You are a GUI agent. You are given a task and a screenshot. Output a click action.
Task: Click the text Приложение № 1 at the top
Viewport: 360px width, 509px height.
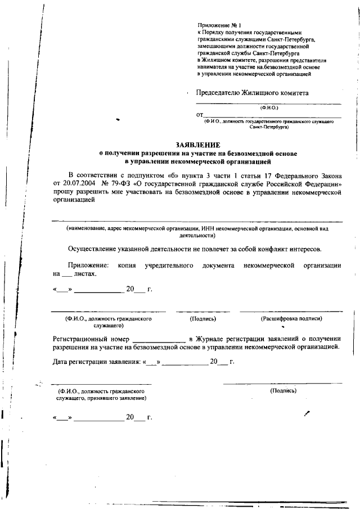coord(219,26)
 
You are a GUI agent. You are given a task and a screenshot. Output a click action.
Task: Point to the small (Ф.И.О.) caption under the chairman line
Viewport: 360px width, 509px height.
coord(268,107)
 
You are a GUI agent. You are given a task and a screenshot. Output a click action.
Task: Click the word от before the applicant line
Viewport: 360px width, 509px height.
coord(200,115)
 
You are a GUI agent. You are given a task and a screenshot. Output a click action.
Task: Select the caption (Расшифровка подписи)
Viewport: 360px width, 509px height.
coord(291,319)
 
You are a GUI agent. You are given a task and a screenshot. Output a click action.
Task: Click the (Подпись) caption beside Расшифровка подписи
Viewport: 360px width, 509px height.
coord(203,319)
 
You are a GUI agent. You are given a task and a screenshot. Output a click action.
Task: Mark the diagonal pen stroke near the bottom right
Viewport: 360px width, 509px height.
coord(307,413)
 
